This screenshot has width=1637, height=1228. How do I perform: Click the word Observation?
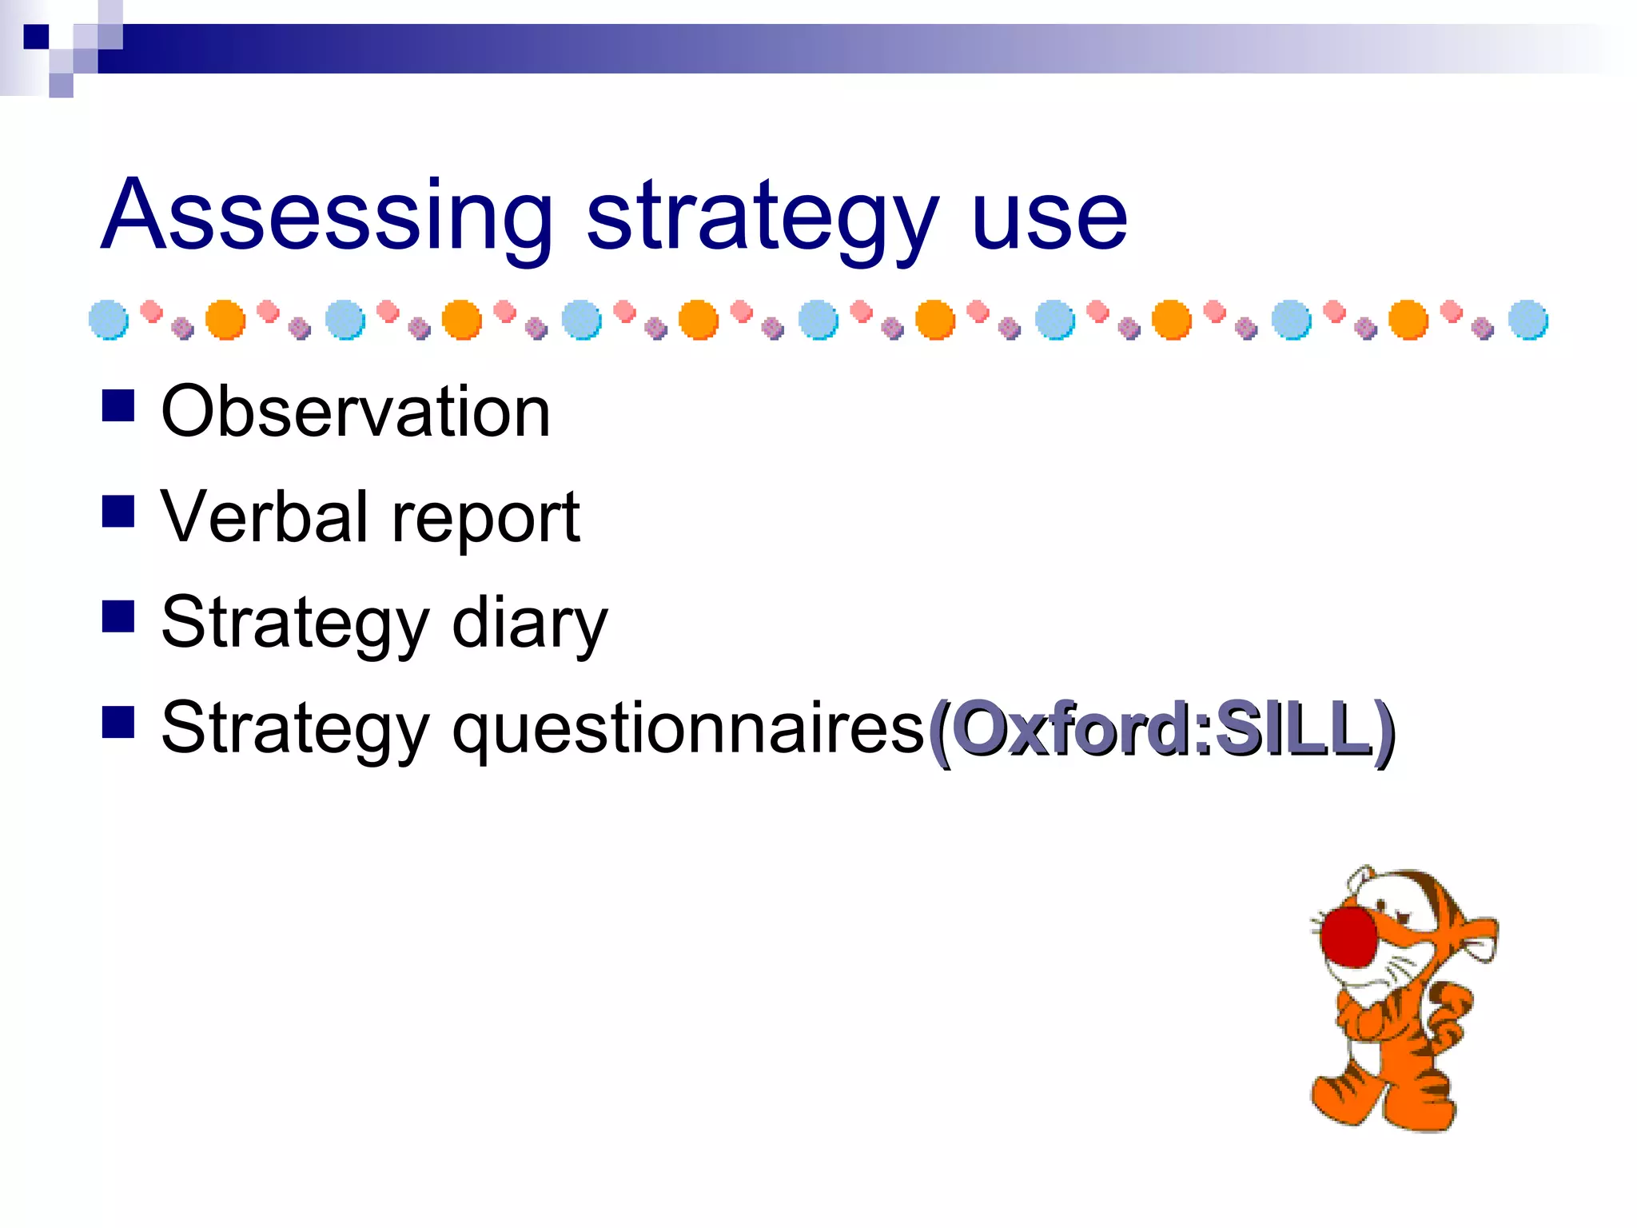coord(356,411)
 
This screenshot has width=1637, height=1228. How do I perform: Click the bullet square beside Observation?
coord(118,405)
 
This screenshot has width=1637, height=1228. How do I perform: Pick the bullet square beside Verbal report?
coord(118,511)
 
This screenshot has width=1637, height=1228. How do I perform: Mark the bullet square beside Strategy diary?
coord(118,616)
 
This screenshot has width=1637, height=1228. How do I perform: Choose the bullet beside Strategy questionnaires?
coord(118,722)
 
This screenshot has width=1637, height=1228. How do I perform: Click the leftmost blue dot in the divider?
coord(109,320)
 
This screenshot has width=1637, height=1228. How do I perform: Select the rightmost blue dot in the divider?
coord(1528,320)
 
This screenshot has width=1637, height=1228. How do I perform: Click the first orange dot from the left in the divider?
coord(225,320)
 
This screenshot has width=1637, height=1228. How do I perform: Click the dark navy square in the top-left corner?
coord(36,37)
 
